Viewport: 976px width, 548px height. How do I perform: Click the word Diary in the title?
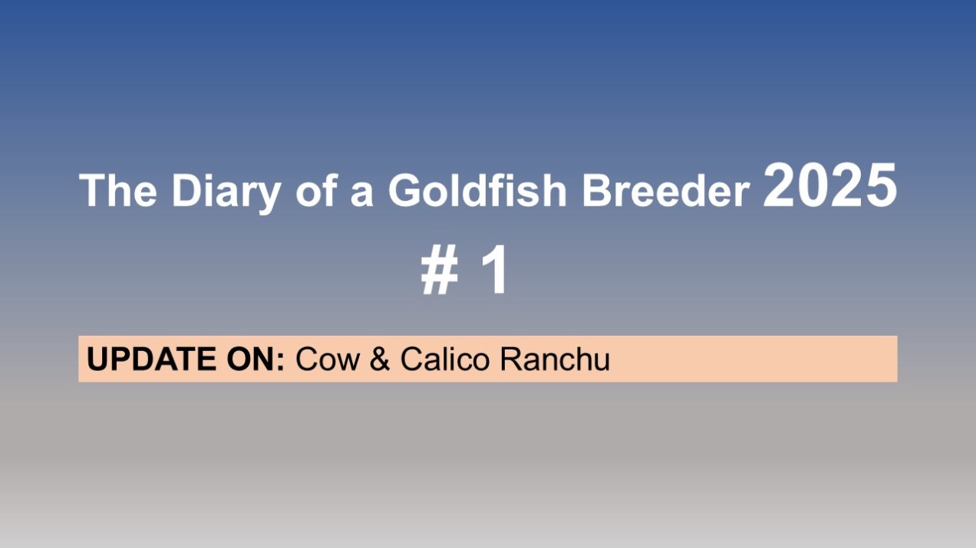226,192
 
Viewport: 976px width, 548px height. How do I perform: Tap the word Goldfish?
477,190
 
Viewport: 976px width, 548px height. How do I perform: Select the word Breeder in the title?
666,190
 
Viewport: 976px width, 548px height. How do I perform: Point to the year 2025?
830,185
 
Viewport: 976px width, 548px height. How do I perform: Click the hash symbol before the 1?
439,270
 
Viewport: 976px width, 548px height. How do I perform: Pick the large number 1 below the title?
495,270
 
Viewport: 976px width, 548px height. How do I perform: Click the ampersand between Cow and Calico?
380,359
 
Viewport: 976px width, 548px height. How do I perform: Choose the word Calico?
445,359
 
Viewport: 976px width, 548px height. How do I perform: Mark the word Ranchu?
555,359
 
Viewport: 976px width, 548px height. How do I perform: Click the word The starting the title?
117,190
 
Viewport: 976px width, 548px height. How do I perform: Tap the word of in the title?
317,190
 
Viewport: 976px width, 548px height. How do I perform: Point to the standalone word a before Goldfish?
362,194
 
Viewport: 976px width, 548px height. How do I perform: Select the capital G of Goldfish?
405,190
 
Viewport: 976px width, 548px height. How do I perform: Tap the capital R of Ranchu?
512,359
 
